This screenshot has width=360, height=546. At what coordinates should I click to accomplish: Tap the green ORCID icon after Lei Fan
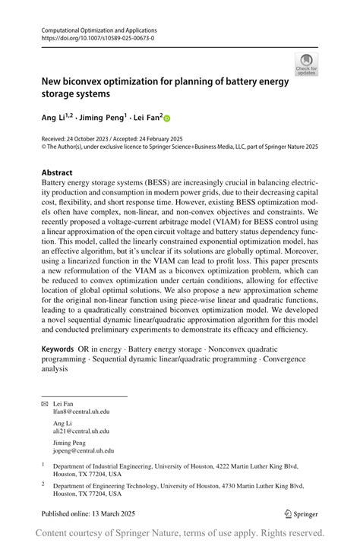167,118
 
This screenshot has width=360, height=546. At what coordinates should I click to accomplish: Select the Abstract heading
57,172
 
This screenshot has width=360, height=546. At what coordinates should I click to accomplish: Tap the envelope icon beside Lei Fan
44,402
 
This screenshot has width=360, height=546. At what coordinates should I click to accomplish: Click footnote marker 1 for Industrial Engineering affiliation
43,464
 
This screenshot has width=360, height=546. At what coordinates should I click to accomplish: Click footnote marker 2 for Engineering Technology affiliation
43,484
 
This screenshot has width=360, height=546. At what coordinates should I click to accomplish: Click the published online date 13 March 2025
106,513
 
